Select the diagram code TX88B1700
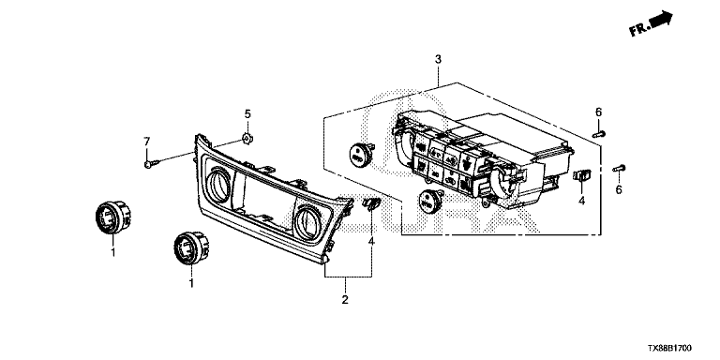pyautogui.click(x=669, y=349)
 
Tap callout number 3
pyautogui.click(x=438, y=59)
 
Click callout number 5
pyautogui.click(x=247, y=113)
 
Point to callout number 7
pyautogui.click(x=147, y=140)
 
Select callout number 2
pyautogui.click(x=345, y=300)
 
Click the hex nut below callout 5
pyautogui.click(x=247, y=138)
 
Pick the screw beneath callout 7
pyautogui.click(x=151, y=163)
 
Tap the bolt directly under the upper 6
pyautogui.click(x=599, y=134)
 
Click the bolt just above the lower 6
pyautogui.click(x=619, y=169)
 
